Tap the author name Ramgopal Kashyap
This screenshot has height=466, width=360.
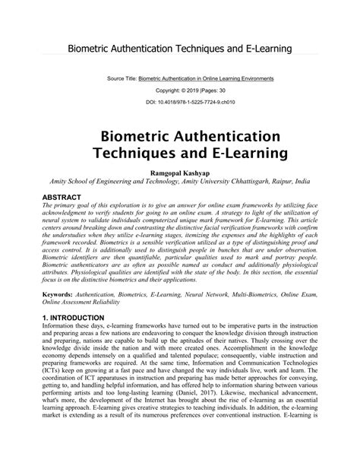point(179,173)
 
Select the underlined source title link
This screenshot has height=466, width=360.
point(211,78)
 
